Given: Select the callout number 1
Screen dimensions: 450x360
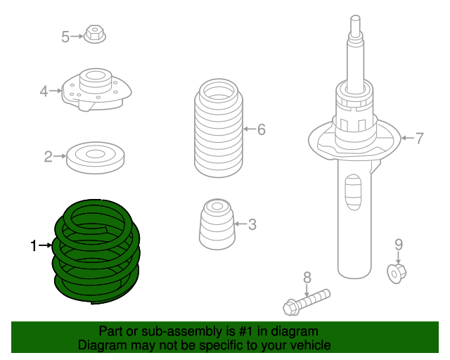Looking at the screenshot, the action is pos(34,245).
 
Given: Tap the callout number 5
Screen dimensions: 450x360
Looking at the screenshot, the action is pos(65,37).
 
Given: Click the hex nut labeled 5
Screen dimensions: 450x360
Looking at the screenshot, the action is pos(95,34).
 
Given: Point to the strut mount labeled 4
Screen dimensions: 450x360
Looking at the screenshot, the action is pos(96,89).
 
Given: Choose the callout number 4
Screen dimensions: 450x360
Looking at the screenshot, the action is pos(44,91).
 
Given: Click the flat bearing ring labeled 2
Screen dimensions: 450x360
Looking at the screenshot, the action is pos(96,157).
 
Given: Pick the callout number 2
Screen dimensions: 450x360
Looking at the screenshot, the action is pos(49,157).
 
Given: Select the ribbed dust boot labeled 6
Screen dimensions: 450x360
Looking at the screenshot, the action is pos(219,128).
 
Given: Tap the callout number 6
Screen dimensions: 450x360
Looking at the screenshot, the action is pos(261,129).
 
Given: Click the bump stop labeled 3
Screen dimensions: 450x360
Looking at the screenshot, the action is pos(217,224).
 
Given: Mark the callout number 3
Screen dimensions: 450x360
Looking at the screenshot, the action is pos(252,224).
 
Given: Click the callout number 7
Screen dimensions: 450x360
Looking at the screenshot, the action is pos(419,139).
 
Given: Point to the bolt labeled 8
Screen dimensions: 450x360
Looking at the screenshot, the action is pos(307,302).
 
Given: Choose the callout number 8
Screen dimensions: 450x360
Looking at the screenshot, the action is pos(307,278).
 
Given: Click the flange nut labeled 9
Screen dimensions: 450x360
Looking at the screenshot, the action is pos(397,274).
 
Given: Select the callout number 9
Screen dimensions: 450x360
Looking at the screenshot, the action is pos(399,245).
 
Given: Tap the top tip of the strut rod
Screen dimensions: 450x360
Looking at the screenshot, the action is pos(356,16).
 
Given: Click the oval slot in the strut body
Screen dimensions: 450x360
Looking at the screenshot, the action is pos(353,192).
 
